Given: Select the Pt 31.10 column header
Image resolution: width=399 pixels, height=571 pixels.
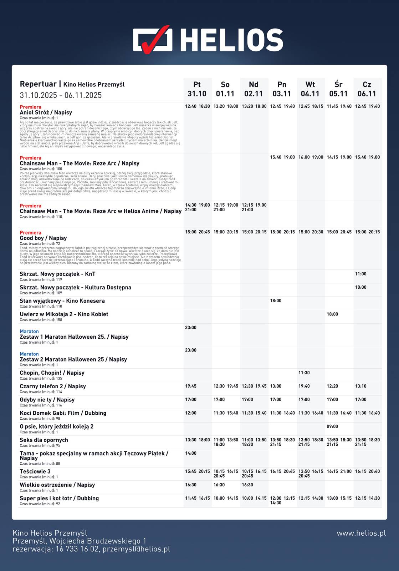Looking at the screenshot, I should pos(197,89).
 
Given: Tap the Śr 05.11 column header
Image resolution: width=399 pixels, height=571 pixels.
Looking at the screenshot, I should pos(338,89).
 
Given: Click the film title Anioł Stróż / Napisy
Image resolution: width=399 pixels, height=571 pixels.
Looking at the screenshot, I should pos(46,112).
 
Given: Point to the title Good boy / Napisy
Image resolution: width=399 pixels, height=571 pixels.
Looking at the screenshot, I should pos(43,238).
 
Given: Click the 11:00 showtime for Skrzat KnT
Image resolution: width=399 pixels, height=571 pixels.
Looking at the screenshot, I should pos(360,274).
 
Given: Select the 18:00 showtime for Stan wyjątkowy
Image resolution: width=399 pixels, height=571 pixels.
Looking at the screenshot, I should pos(276,301).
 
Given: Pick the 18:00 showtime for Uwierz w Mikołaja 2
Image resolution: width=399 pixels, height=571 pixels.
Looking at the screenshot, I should pos(332,314).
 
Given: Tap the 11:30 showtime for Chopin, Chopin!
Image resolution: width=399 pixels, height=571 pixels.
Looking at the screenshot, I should pos(304,373).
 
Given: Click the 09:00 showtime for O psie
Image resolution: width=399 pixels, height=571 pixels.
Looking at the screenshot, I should pos(332,426).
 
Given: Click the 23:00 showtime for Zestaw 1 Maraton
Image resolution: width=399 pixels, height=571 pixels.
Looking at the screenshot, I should pos(191,328).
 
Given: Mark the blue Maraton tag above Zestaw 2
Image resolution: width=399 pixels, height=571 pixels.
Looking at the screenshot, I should pos(29,354).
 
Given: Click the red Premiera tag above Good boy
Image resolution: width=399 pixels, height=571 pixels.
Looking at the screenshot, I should pos(30,233).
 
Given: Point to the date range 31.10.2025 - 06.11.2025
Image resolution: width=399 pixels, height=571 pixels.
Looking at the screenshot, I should pos(61,95).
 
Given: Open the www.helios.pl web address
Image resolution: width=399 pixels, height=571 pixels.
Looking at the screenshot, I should pos(361,533).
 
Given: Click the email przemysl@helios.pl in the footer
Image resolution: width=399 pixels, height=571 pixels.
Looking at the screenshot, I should pos(136,549).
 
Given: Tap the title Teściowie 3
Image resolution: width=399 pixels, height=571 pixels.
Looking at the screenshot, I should pos(35,471).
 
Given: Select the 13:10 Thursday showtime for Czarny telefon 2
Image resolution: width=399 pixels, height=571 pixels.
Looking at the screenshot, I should pos(360,386).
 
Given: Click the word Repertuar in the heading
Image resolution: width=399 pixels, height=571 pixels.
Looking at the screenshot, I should pos(38,84).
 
